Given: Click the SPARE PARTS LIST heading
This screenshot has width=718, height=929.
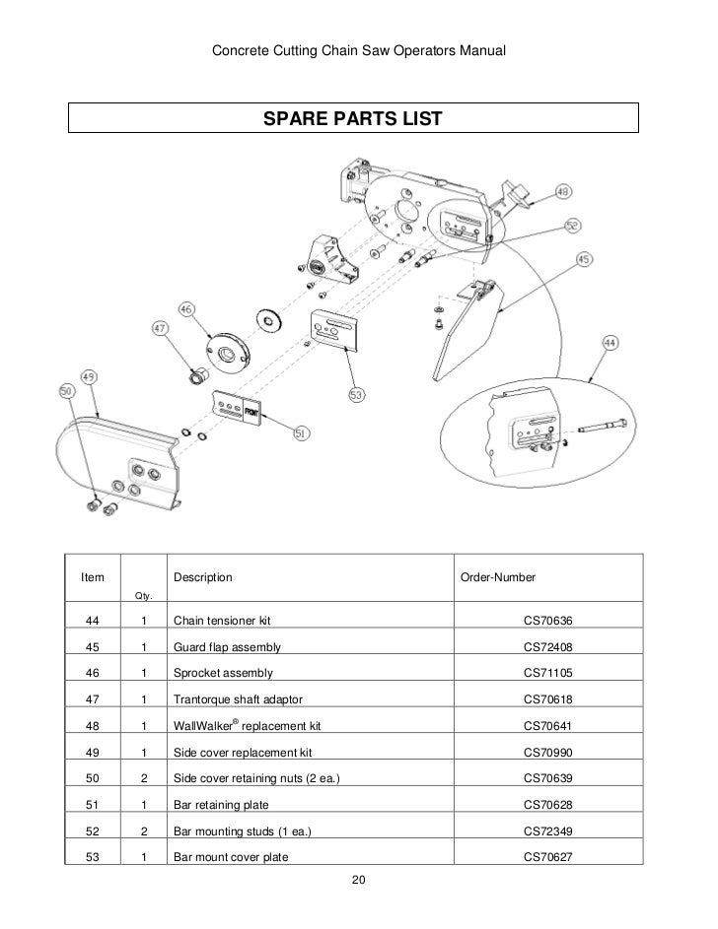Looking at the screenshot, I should pyautogui.click(x=352, y=119).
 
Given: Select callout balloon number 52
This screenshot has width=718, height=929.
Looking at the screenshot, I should pyautogui.click(x=572, y=226).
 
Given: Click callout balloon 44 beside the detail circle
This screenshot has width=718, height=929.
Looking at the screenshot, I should pyautogui.click(x=609, y=344).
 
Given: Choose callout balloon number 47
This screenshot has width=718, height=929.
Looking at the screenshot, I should pyautogui.click(x=159, y=326).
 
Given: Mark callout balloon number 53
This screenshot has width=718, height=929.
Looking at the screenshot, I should pyautogui.click(x=354, y=395).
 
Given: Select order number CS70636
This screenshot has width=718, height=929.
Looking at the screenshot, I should pyautogui.click(x=547, y=621).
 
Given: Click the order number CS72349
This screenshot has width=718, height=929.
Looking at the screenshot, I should pyautogui.click(x=547, y=830).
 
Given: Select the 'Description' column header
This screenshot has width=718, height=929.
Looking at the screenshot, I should pyautogui.click(x=203, y=575).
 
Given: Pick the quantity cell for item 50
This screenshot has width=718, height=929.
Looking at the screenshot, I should pyautogui.click(x=144, y=778).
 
